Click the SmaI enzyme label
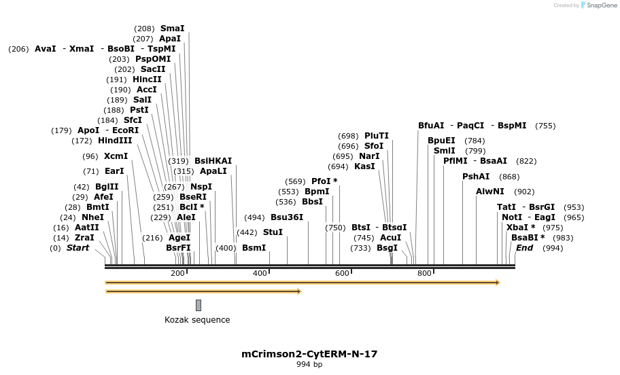(x=172, y=29)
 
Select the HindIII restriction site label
(x=115, y=141)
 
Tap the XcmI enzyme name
(x=116, y=156)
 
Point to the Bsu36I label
(x=287, y=217)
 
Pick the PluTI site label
(x=377, y=136)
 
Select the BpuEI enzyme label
(x=441, y=141)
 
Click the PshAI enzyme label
(x=476, y=177)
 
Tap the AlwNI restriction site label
(x=490, y=192)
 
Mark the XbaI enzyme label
(x=521, y=228)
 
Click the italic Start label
(x=77, y=248)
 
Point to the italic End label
(x=525, y=248)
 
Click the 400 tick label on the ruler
(x=260, y=273)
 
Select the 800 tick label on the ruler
(x=424, y=273)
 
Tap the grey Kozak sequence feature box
(x=199, y=305)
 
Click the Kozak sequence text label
(x=197, y=320)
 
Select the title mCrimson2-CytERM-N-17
(x=309, y=354)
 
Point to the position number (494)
(x=254, y=217)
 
